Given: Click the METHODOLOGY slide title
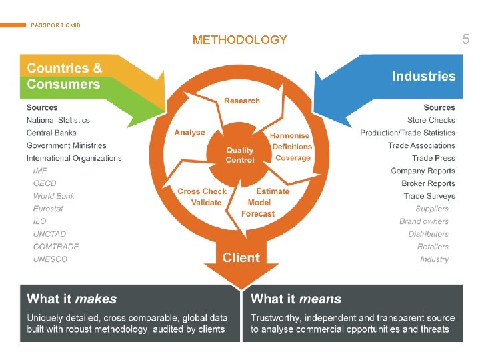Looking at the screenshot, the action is (239, 40).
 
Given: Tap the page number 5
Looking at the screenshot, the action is (465, 40).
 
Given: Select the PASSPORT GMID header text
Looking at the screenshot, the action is (55, 25).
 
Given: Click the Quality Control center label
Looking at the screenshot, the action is (240, 155).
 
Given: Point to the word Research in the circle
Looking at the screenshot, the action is (242, 101).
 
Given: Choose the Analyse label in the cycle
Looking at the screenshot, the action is (189, 132).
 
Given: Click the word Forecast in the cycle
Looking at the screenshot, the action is (258, 214).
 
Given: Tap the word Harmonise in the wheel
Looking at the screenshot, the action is (290, 135).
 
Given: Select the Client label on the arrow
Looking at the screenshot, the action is (241, 257).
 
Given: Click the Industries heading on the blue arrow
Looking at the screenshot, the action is (423, 76).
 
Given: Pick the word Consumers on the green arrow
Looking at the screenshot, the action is (63, 85).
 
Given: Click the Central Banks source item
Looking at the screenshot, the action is (53, 133).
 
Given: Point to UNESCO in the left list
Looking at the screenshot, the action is (51, 259).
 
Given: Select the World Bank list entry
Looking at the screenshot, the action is (54, 196).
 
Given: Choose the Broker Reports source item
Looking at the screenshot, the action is (428, 183).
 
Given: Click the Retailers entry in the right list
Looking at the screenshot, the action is (433, 247).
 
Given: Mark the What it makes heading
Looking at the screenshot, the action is (72, 299).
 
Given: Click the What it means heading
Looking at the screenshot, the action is (296, 299).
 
